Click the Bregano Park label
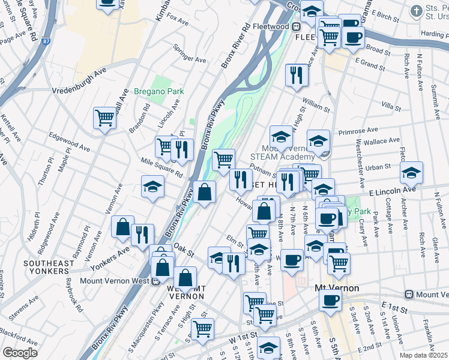click(159, 91)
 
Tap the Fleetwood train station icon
click(296, 27)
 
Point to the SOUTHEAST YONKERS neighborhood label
click(49, 267)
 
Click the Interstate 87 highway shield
click(47, 41)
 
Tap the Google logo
click(20, 353)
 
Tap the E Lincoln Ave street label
click(392, 190)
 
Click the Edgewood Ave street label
click(69, 142)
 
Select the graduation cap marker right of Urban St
click(411, 172)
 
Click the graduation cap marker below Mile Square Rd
click(152, 186)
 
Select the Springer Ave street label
click(189, 54)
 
